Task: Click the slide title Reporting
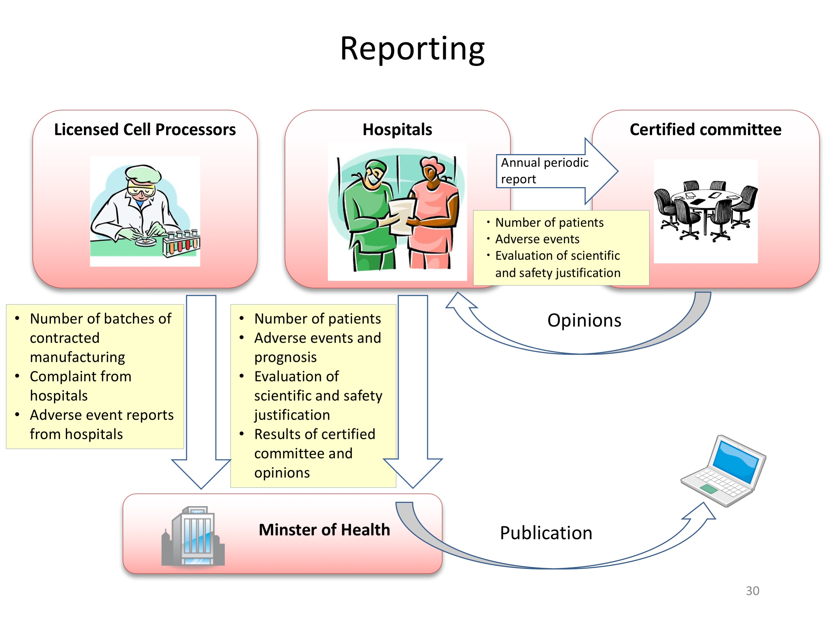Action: point(412,49)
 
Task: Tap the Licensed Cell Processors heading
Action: point(145,129)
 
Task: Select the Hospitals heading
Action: point(397,129)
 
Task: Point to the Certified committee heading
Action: point(705,129)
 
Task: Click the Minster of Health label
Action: point(324,530)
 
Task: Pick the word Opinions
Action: point(584,320)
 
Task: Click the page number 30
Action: point(752,591)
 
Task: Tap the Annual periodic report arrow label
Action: point(544,171)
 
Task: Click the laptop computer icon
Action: point(723,471)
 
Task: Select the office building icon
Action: point(193,536)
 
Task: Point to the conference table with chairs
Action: point(706,211)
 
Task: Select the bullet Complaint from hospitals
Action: point(81,386)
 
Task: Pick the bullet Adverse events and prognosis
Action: point(317,347)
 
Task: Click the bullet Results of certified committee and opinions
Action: point(314,453)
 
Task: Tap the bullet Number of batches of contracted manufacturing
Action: point(100,338)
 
